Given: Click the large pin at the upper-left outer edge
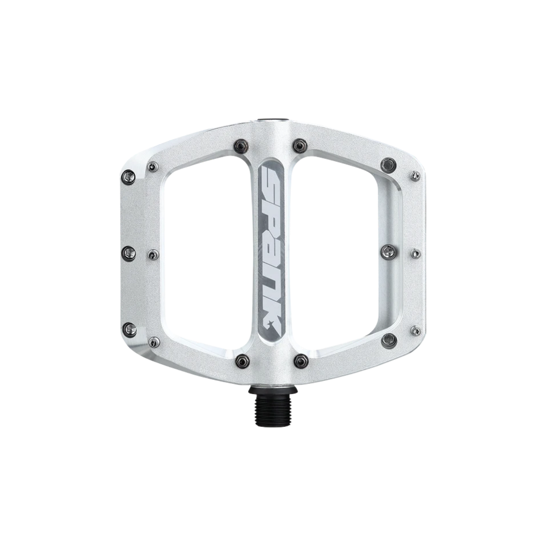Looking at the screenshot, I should [x=128, y=178].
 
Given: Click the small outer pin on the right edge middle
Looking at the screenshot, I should [x=415, y=252].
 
